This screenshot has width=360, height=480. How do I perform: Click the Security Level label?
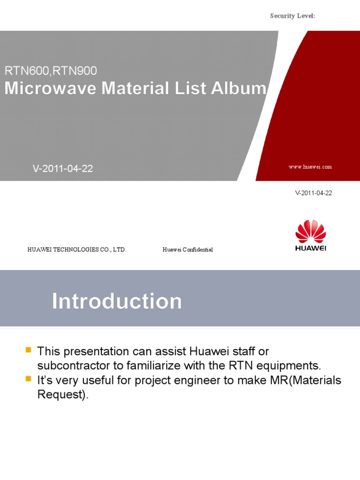(x=292, y=16)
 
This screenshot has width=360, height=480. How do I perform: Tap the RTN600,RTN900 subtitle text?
(x=51, y=71)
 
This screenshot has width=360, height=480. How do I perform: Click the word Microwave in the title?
(x=50, y=88)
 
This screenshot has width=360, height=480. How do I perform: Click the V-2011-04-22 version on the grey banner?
(x=63, y=169)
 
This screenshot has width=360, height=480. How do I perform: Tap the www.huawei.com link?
(x=310, y=167)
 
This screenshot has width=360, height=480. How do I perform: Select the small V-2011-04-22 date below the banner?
(x=314, y=193)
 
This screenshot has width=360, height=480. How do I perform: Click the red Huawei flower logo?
(x=311, y=232)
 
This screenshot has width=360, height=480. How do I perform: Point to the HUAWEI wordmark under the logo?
(x=311, y=248)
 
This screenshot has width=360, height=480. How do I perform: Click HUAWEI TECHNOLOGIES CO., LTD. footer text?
(x=76, y=249)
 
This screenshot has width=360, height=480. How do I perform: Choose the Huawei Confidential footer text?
(x=187, y=249)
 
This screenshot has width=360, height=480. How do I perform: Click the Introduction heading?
(x=117, y=301)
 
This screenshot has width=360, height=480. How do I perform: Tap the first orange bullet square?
(x=29, y=350)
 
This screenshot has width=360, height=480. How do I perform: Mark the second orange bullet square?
(x=29, y=379)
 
